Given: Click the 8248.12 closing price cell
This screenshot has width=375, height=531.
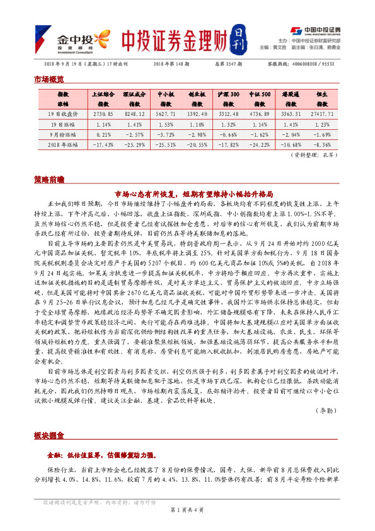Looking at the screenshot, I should point(130,114).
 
